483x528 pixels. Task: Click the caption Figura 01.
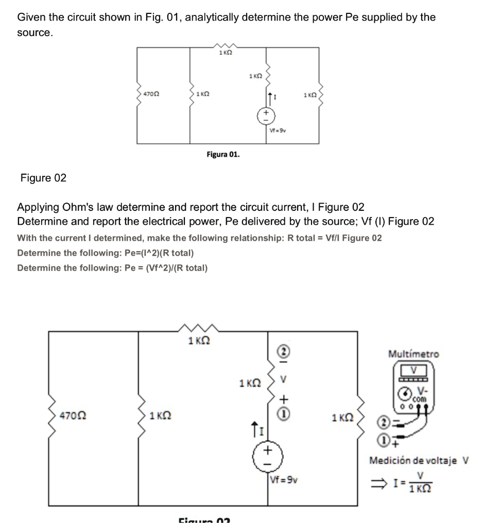[223, 154]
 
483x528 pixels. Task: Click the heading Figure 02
[43, 178]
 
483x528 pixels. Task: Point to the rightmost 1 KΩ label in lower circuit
[343, 417]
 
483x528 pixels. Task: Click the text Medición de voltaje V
[419, 460]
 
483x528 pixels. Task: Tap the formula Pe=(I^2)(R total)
[106, 253]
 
